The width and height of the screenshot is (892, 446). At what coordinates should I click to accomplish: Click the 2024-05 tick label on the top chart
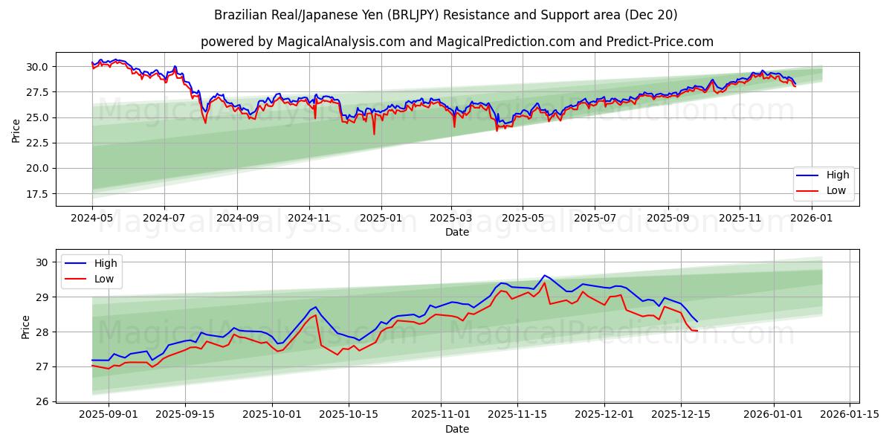pos(92,219)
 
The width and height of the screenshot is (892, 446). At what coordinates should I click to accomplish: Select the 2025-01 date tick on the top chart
pos(381,219)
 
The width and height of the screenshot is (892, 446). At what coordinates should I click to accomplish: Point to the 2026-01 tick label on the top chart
pos(812,219)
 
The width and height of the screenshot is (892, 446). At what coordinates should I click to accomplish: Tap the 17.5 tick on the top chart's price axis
pos(36,194)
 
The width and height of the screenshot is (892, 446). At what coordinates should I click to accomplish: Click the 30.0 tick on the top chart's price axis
pos(36,67)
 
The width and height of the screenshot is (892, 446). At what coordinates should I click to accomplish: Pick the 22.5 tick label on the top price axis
pos(36,143)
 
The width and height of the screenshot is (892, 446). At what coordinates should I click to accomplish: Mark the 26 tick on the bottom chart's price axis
pos(42,401)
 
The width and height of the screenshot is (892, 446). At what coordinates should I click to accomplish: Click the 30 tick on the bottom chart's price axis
pos(42,262)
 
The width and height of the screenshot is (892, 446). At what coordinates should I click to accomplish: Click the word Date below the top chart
pos(456,233)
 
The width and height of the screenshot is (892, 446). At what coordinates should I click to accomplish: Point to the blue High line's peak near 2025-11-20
pos(544,275)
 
